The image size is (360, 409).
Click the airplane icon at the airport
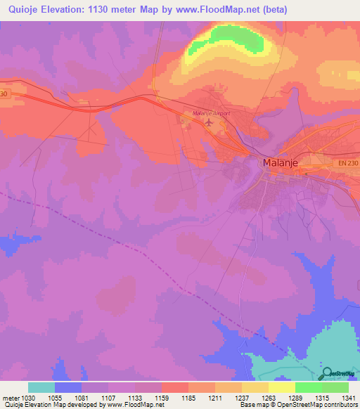tap(209, 123)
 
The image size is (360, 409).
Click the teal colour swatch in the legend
tap(41, 387)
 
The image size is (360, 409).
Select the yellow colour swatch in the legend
tap(282, 387)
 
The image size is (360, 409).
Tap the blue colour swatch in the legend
tap(68, 387)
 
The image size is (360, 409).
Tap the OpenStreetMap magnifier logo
tap(328, 374)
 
